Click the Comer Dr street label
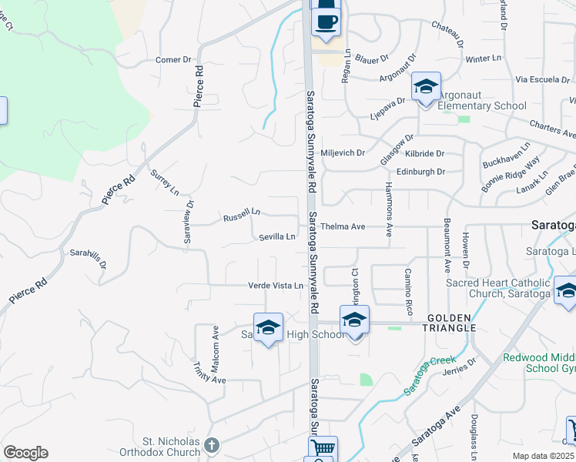[x=173, y=60]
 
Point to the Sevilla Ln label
[x=277, y=237]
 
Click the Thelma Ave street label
[x=343, y=227]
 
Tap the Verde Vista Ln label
[x=275, y=286]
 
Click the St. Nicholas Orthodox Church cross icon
[x=211, y=444]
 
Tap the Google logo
[x=25, y=453]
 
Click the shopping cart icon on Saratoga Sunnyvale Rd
[x=323, y=448]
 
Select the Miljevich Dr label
[x=343, y=153]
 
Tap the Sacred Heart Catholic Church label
[x=498, y=288]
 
